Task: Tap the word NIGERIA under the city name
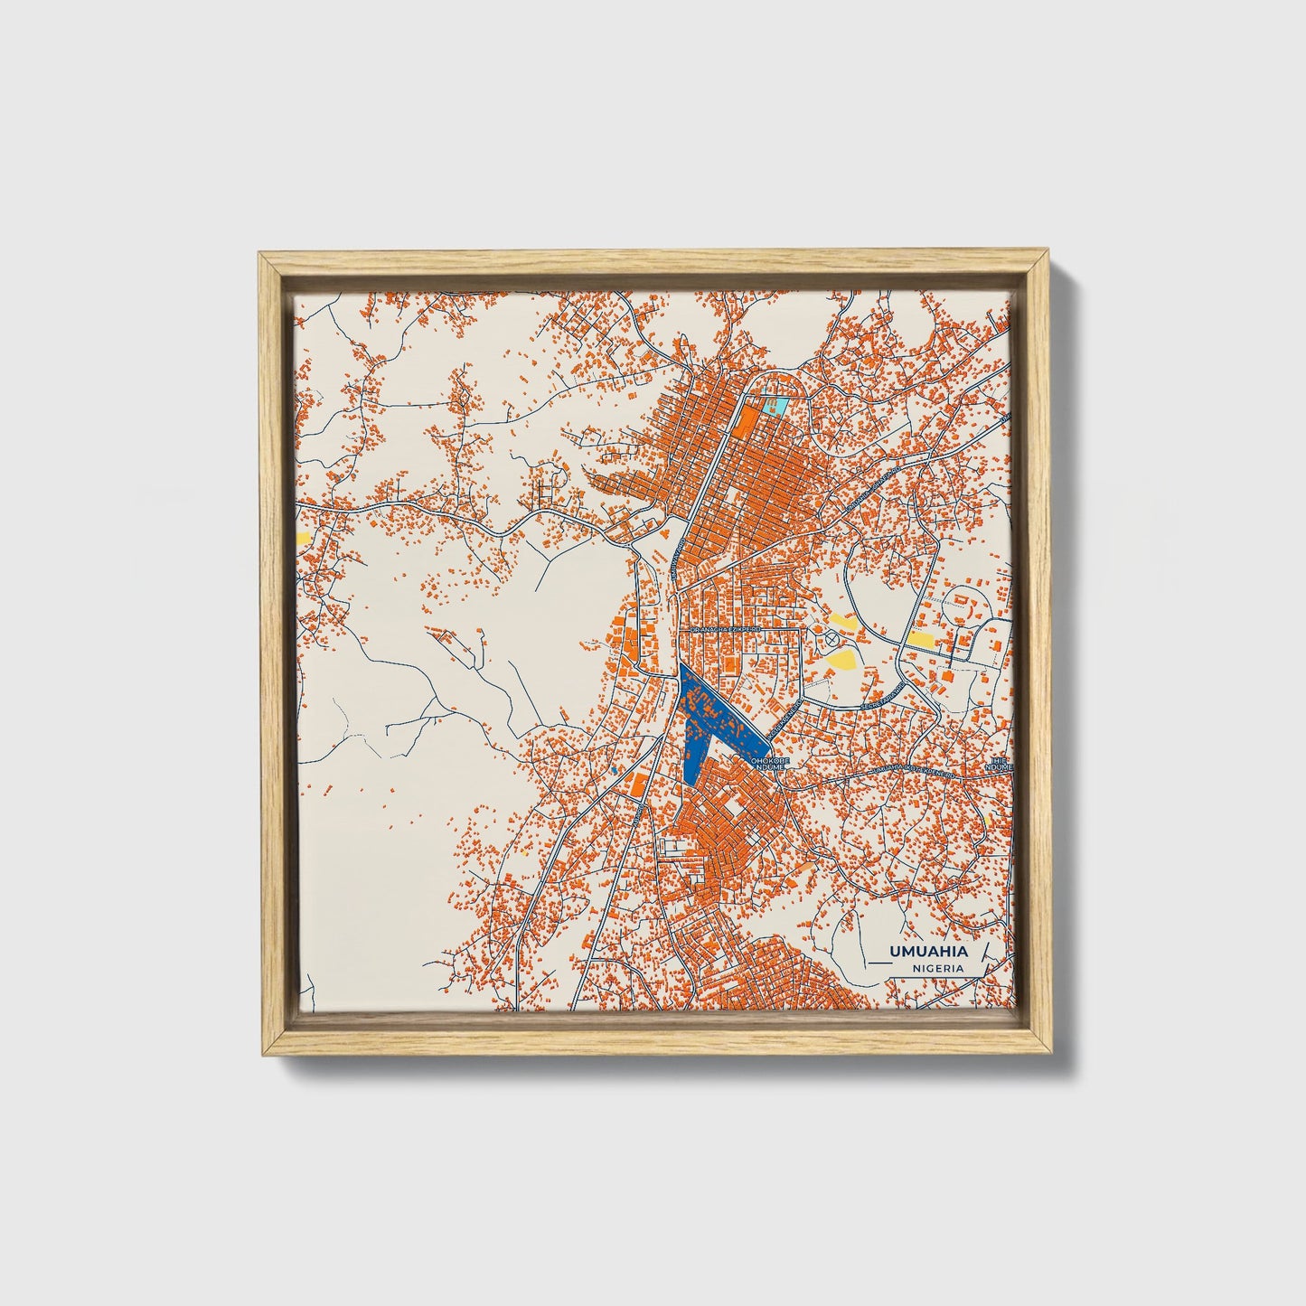937,967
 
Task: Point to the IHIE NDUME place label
1001,765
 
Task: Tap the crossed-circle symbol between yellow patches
832,639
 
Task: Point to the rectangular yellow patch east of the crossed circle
923,639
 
